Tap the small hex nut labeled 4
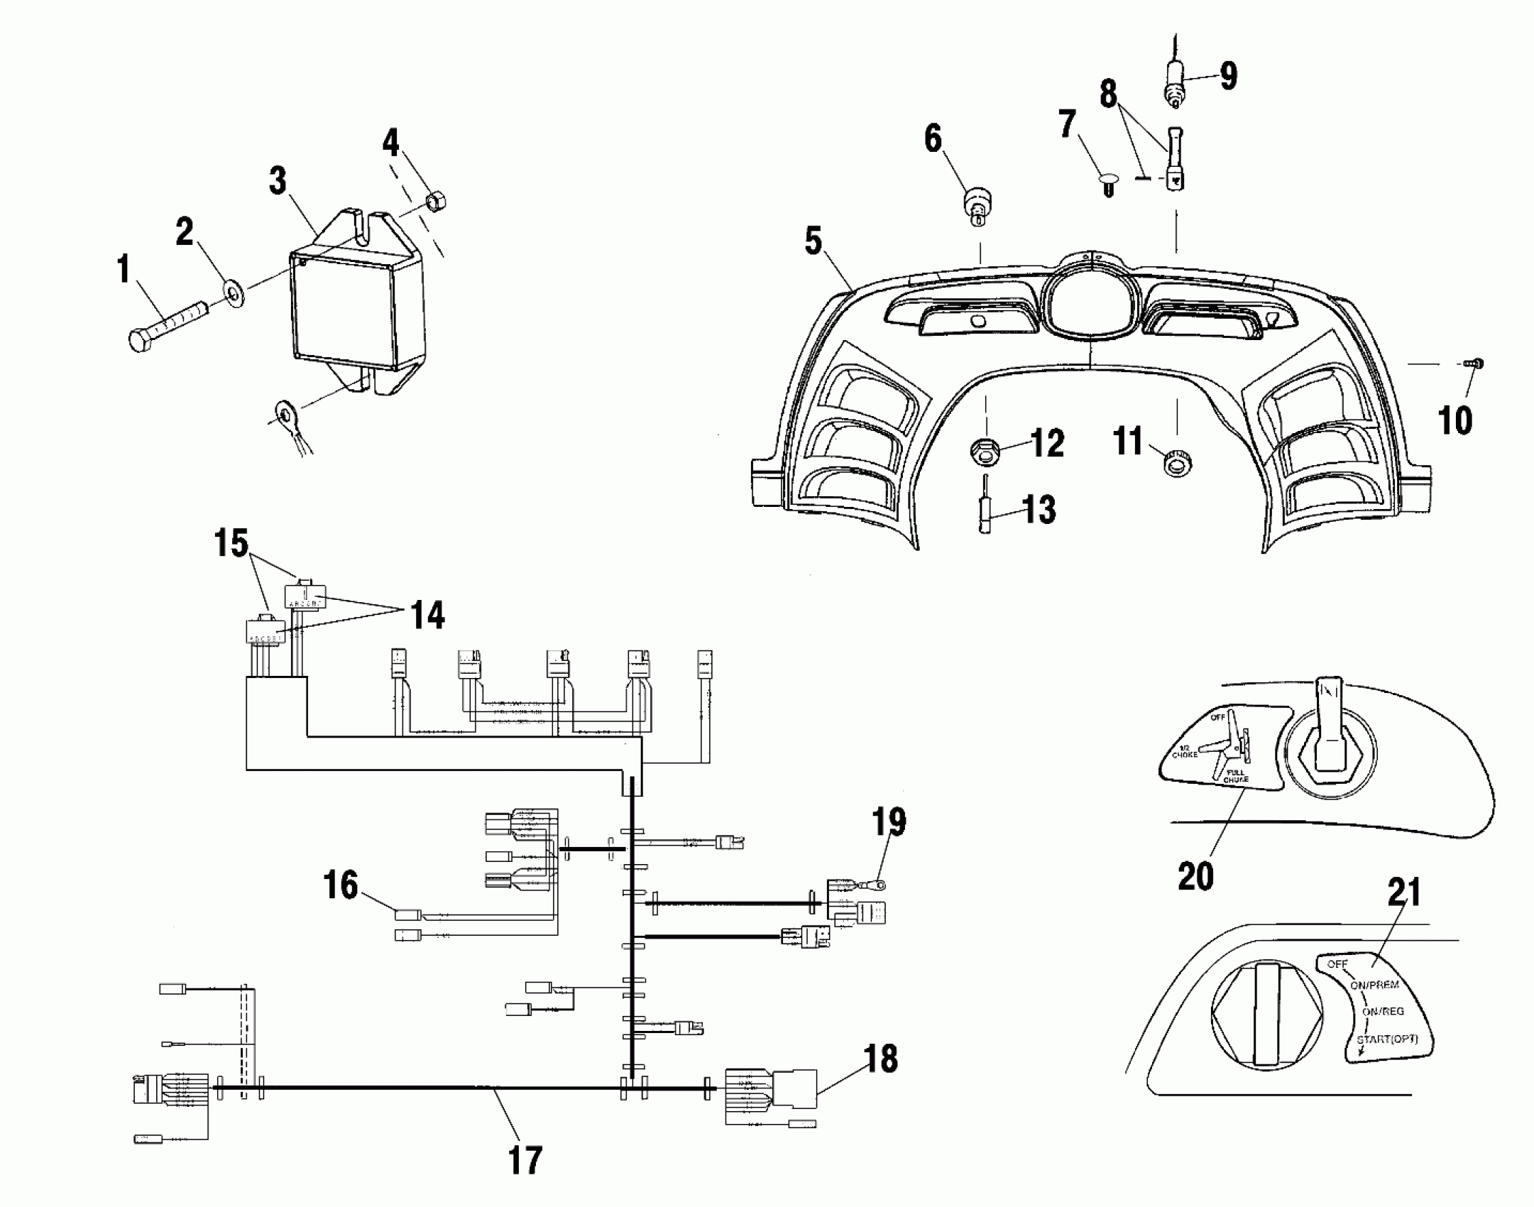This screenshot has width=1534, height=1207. (437, 202)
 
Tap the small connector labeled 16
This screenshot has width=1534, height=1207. (408, 914)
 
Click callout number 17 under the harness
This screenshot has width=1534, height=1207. (525, 1159)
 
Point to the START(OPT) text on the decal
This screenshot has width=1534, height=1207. (1387, 1039)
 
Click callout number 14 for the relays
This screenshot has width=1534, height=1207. (427, 614)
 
